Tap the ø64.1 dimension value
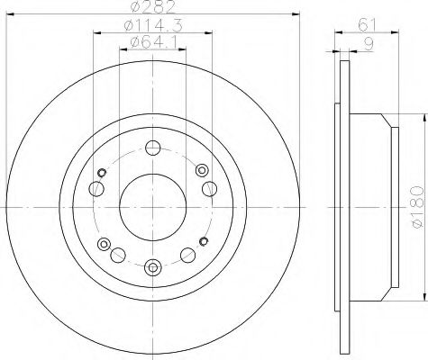[x=151, y=43]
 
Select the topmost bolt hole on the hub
[x=153, y=149]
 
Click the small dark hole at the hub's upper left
[x=104, y=172]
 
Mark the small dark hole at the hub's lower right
[x=203, y=242]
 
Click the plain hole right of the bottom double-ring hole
[x=187, y=254]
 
